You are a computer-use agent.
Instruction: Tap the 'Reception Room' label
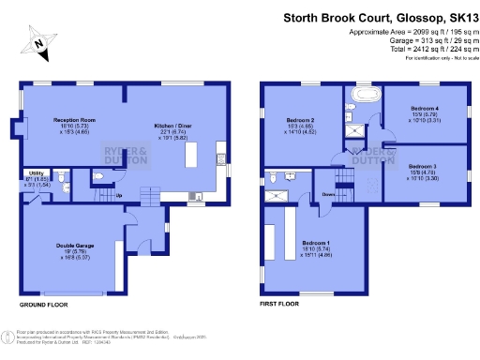[74, 120]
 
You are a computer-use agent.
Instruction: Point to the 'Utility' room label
[36, 173]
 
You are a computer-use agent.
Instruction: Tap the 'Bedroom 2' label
[300, 120]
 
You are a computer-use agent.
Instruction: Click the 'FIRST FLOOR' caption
[278, 305]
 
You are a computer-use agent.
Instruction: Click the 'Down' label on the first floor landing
[329, 196]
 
